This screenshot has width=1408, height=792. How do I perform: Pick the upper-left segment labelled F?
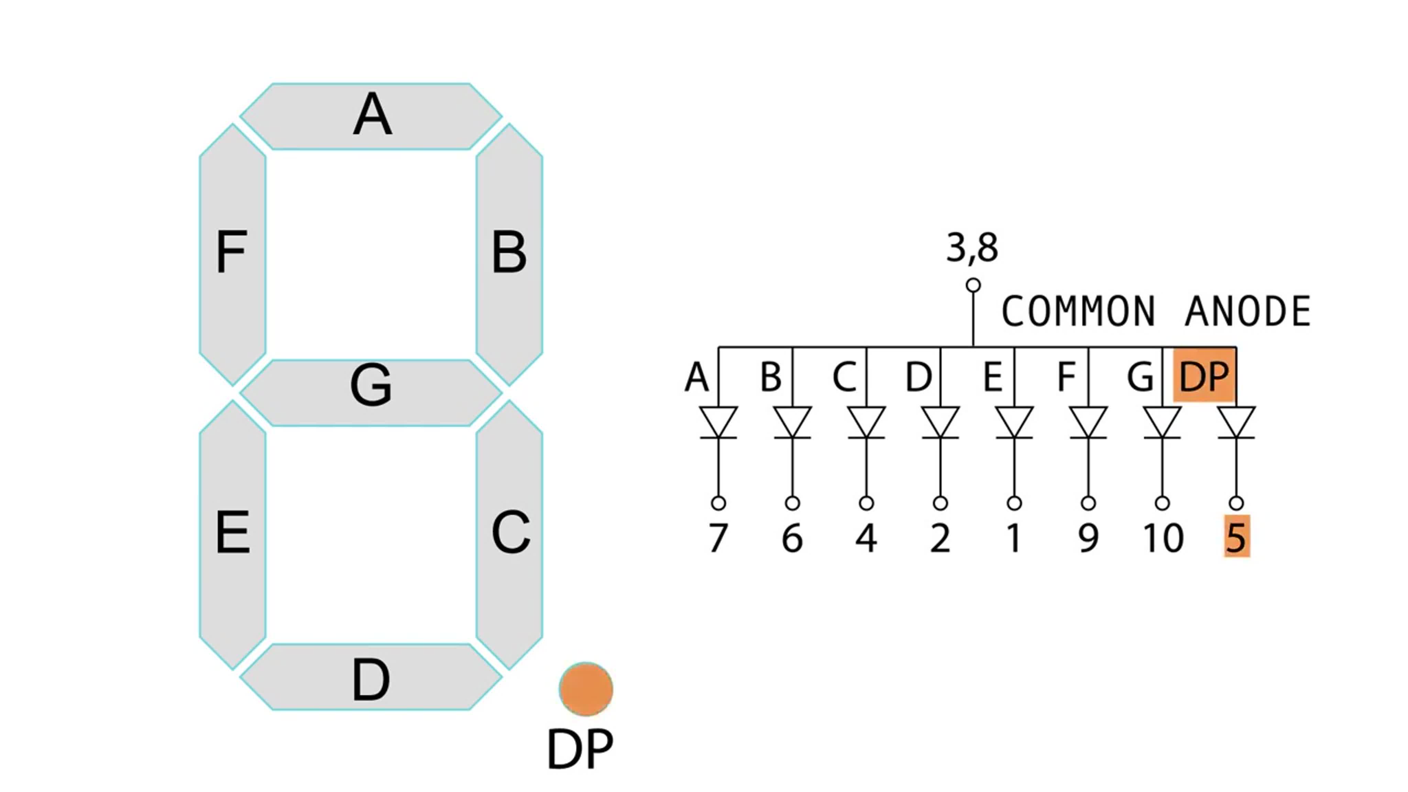click(232, 254)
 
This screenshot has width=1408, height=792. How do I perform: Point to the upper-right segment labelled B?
click(509, 254)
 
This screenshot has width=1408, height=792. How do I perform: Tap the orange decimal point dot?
click(585, 689)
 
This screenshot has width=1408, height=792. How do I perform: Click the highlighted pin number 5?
click(1236, 537)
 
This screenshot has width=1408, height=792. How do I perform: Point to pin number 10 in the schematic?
click(1163, 538)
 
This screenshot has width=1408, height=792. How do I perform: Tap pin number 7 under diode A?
click(718, 538)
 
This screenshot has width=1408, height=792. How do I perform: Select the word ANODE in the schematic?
click(1247, 311)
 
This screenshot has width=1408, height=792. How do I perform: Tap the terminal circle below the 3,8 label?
click(973, 285)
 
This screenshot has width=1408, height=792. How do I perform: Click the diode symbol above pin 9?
click(1088, 422)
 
